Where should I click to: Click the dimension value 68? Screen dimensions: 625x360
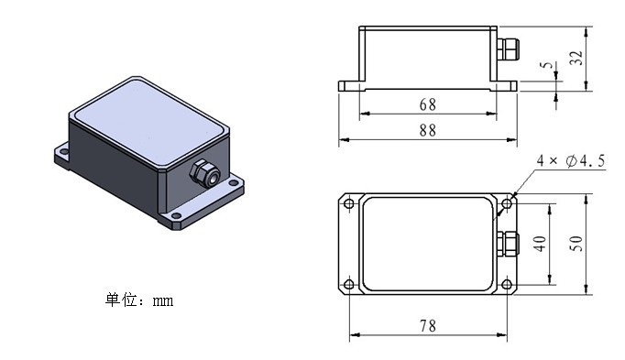pyautogui.click(x=428, y=104)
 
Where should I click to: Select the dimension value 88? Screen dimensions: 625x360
pyautogui.click(x=428, y=130)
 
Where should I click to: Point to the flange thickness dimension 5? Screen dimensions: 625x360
pyautogui.click(x=548, y=64)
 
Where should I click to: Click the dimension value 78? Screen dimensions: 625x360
pyautogui.click(x=428, y=326)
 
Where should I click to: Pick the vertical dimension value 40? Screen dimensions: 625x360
pyautogui.click(x=539, y=244)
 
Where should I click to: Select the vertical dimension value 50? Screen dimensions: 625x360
pyautogui.click(x=576, y=244)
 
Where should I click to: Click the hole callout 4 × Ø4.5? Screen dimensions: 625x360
pyautogui.click(x=571, y=161)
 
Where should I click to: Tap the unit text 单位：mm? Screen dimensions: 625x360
pyautogui.click(x=139, y=300)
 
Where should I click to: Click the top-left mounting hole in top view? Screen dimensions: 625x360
pyautogui.click(x=349, y=204)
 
